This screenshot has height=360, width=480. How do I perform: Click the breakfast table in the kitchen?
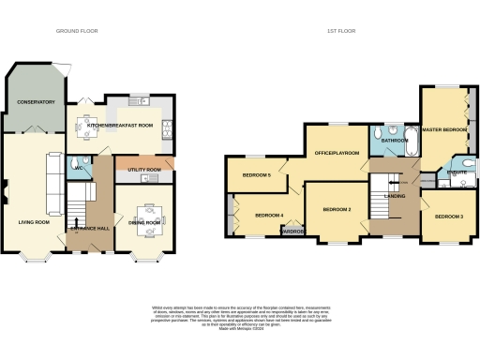click(x=89, y=123)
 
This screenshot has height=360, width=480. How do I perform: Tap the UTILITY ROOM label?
click(x=142, y=170)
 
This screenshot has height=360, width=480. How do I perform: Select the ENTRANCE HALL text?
click(x=89, y=228)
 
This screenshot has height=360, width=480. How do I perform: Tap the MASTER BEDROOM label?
click(x=445, y=129)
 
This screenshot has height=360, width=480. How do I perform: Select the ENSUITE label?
click(x=457, y=172)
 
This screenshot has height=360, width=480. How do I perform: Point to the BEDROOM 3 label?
click(x=449, y=217)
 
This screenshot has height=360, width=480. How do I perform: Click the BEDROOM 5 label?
click(x=257, y=175)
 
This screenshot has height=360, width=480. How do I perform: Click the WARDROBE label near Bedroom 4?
click(x=292, y=231)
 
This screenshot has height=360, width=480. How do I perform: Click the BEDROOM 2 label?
click(x=337, y=210)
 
